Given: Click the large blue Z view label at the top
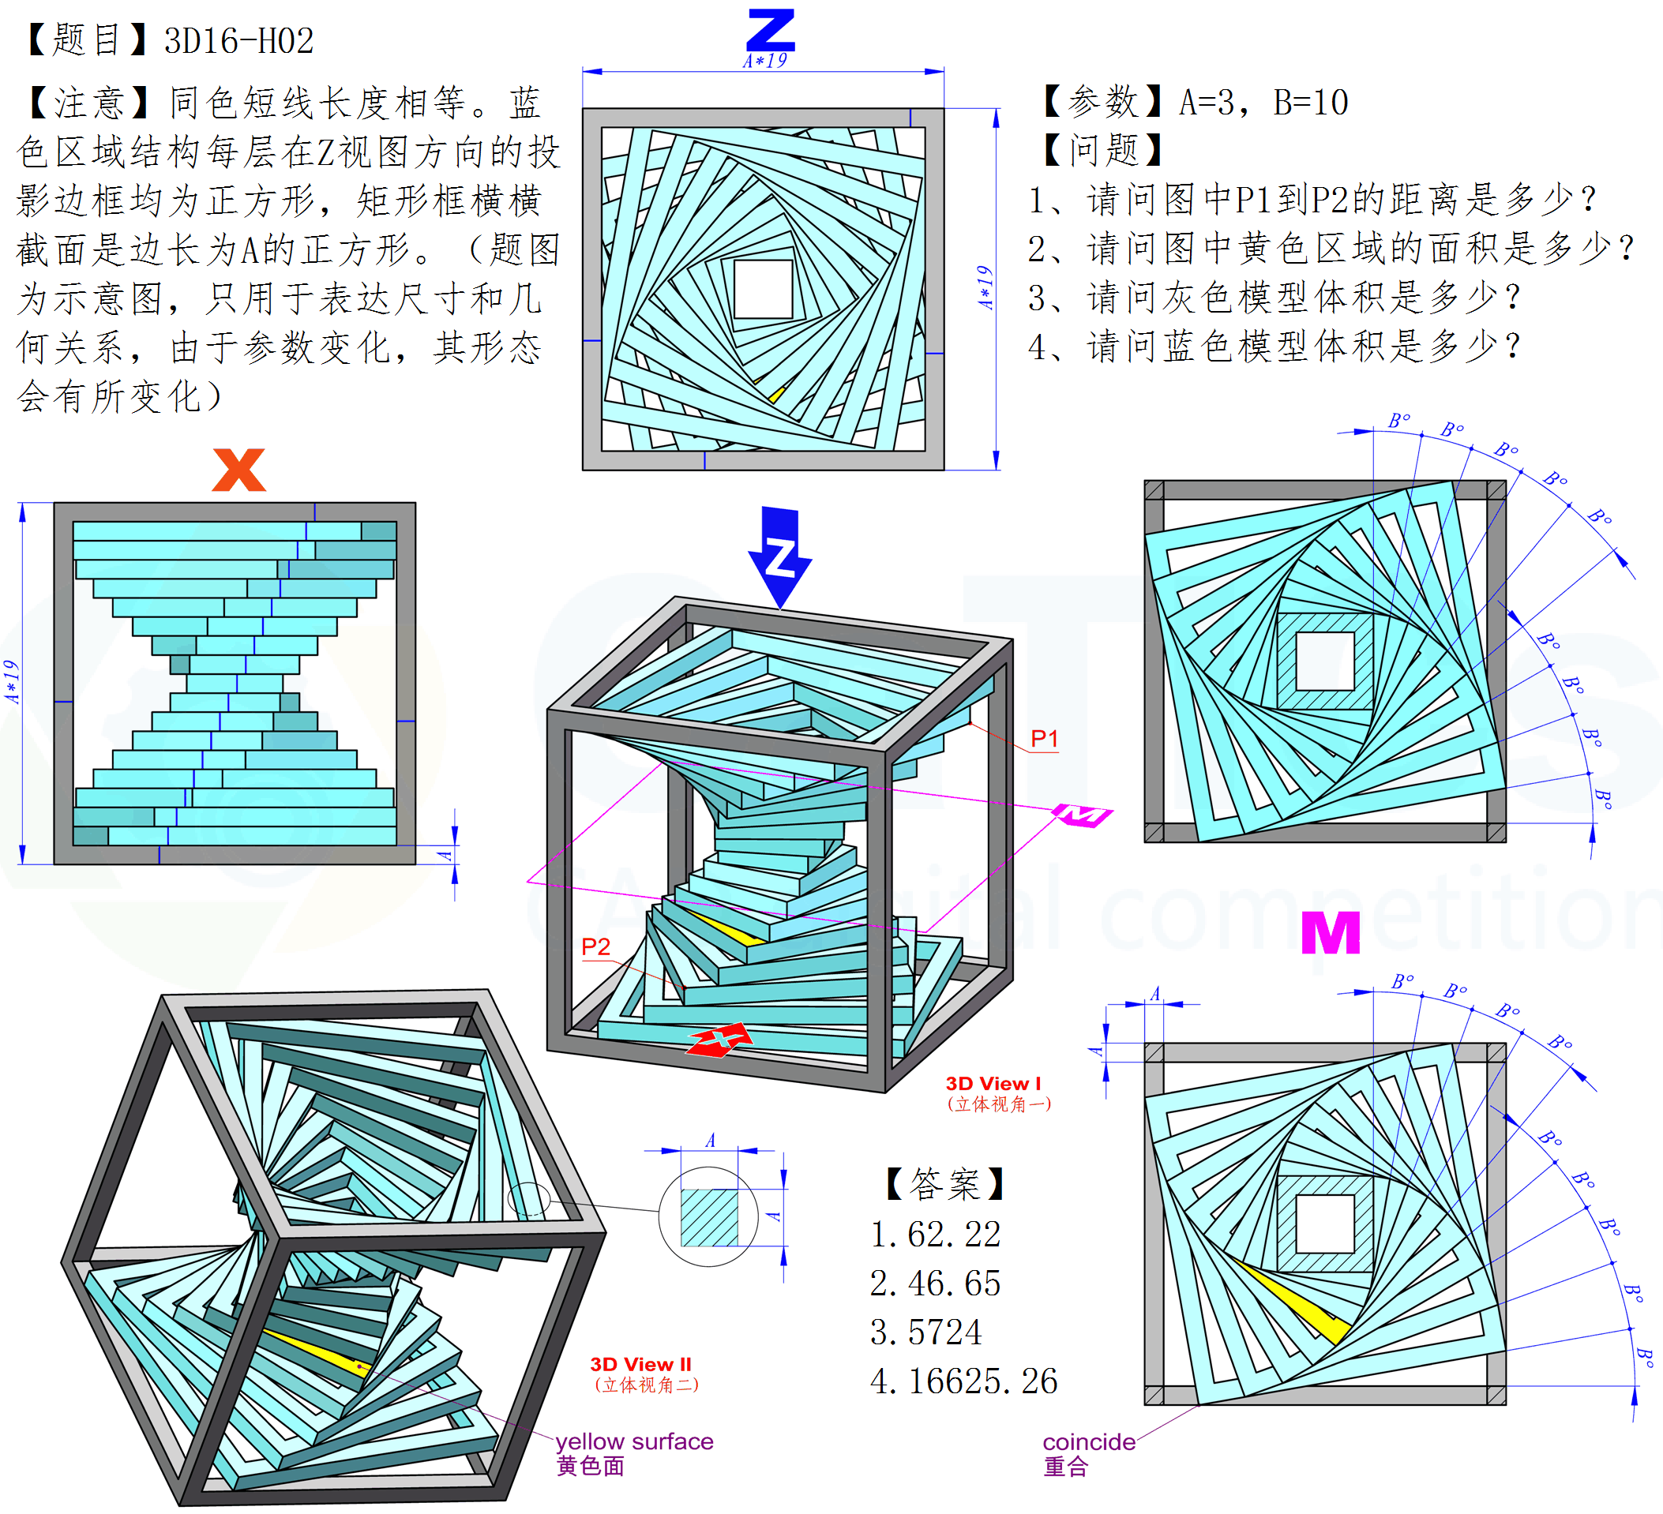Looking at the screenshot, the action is (771, 31).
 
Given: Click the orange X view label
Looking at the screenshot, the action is (239, 470).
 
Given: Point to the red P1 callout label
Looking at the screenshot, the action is (1045, 739).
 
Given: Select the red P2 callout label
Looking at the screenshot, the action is (595, 946).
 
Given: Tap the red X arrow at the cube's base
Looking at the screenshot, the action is (720, 1039).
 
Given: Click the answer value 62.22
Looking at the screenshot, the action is (955, 1235).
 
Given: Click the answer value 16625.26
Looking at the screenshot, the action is (982, 1381).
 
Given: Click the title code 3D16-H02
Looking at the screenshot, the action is (239, 41).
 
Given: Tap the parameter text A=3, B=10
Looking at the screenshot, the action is (1263, 103).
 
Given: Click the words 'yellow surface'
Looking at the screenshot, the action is (634, 1441).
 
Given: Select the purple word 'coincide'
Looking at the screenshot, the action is (1089, 1442).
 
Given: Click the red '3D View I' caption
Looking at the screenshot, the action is (993, 1084).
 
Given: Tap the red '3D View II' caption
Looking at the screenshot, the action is (641, 1365).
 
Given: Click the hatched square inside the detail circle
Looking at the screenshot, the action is (708, 1217).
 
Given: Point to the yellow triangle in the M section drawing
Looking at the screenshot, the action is (1299, 1303).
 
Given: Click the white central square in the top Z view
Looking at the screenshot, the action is (763, 289).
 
